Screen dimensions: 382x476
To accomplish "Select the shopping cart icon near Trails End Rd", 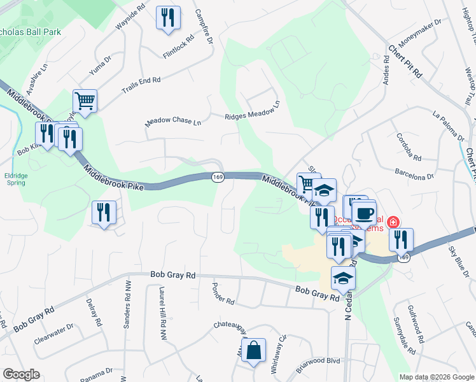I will (85, 101).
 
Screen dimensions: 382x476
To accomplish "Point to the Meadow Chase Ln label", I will (172, 120).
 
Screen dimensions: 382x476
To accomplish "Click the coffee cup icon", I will (364, 213).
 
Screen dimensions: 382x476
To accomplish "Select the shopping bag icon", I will (253, 350).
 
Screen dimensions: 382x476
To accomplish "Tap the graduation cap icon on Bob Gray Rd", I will (343, 278).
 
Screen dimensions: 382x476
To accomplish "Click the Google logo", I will (21, 375).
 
